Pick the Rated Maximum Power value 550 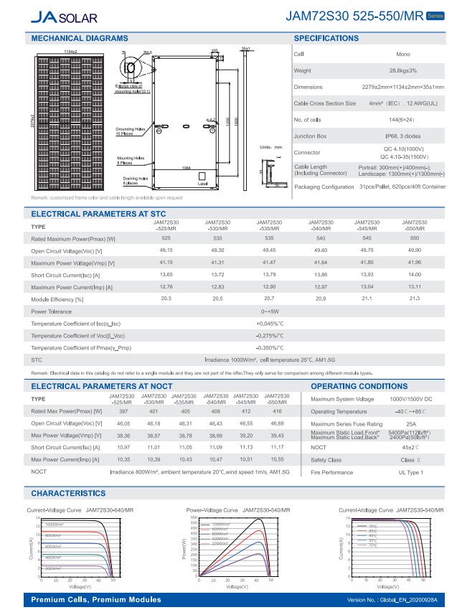[414, 238]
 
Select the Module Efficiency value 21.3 [414, 298]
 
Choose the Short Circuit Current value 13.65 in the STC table [166, 274]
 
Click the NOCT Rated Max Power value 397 [123, 412]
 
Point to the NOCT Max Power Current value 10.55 [277, 458]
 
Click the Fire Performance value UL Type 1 [411, 472]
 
